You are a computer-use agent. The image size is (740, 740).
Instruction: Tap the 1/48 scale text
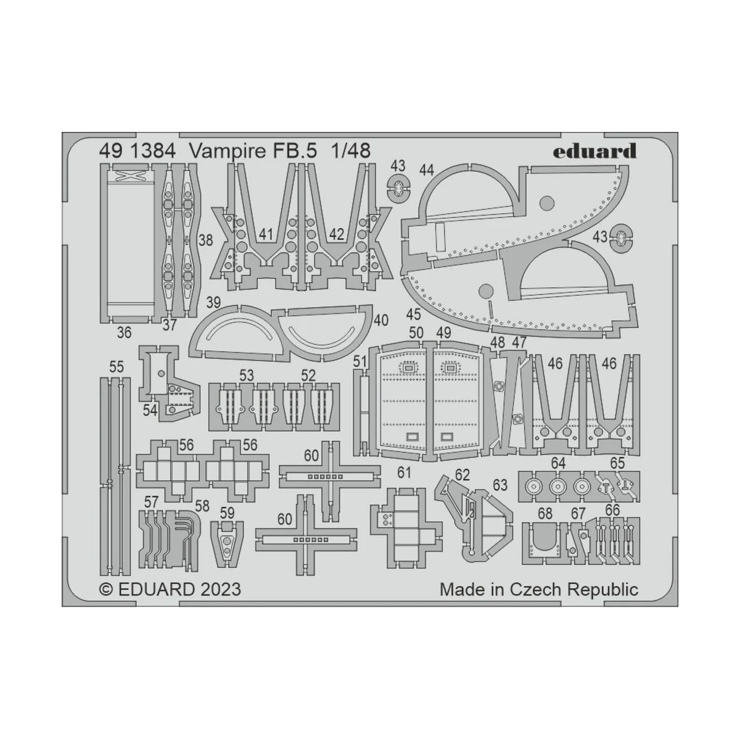point(350,151)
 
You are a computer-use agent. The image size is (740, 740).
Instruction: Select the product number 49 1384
point(128,151)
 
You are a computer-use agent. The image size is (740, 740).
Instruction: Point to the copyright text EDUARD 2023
point(170,589)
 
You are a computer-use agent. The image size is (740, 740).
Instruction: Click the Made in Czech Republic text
point(538,589)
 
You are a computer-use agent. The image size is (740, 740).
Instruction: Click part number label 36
point(124,333)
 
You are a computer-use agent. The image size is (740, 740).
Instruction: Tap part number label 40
point(380,321)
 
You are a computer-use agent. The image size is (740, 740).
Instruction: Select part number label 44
point(426,169)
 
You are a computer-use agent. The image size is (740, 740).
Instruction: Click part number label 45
point(413,314)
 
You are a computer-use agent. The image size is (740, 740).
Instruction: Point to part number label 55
point(116,368)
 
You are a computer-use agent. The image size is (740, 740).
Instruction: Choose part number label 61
point(404,473)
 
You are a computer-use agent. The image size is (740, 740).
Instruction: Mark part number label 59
point(227,512)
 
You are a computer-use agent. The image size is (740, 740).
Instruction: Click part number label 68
point(545,513)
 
